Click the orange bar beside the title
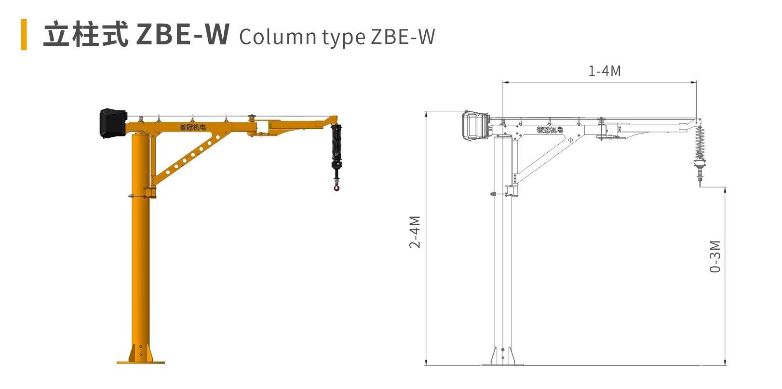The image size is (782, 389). (x=24, y=35)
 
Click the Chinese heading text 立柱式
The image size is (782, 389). (x=86, y=34)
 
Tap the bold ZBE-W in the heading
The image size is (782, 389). (x=183, y=34)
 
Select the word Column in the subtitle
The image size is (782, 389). (x=278, y=36)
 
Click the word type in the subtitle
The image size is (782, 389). (x=344, y=38)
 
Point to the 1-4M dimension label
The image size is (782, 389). (x=605, y=71)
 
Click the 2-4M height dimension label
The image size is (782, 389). (x=415, y=232)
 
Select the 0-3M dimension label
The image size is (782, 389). (x=715, y=256)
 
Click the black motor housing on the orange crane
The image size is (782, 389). (x=113, y=122)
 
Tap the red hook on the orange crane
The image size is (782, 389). (x=337, y=187)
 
